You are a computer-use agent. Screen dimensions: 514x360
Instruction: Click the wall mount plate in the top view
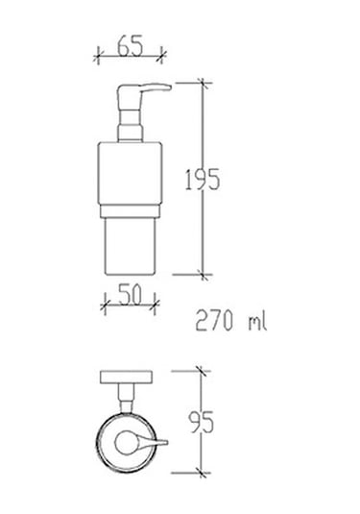[x=129, y=379]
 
